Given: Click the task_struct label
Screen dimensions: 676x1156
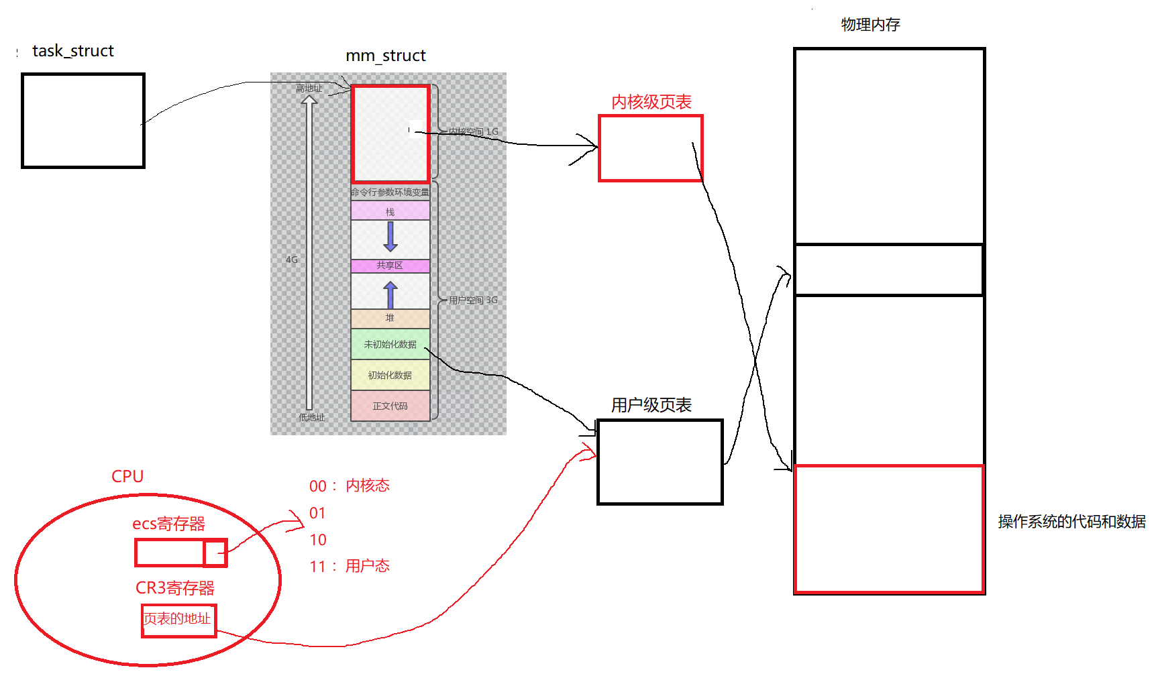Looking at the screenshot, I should pos(73,51).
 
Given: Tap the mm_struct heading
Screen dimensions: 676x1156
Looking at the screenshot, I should pos(385,56).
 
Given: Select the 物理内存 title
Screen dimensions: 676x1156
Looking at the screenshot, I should pos(870,25).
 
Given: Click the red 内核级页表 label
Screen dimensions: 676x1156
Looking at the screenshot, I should pos(651,102).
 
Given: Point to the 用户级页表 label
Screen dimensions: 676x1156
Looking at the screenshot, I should pos(651,405).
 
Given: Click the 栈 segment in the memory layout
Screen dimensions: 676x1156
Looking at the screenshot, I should pos(390,211).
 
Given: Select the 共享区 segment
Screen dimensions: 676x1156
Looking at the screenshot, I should pos(390,266).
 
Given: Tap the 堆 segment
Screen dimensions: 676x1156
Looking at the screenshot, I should pos(390,318).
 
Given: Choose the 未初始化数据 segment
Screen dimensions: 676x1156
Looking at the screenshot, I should pos(390,344).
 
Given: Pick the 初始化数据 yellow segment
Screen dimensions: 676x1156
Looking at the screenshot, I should pos(390,375).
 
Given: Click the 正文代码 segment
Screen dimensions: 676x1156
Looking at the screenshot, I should pos(390,406).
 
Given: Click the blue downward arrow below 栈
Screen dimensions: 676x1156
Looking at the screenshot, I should pos(390,236).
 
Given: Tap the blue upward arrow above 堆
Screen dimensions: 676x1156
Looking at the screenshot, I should pos(390,294).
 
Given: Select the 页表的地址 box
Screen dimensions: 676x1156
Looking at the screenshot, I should pos(178,619).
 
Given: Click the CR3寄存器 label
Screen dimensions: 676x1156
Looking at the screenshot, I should pos(174,588).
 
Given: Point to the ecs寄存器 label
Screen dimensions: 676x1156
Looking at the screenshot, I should pos(168,524).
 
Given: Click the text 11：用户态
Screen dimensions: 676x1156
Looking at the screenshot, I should pos(350,566).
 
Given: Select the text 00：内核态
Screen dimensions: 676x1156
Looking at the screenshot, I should pos(350,486).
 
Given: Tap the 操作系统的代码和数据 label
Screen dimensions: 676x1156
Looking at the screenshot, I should pos(1071,522).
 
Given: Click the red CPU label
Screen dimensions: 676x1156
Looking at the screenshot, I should pos(127,476).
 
